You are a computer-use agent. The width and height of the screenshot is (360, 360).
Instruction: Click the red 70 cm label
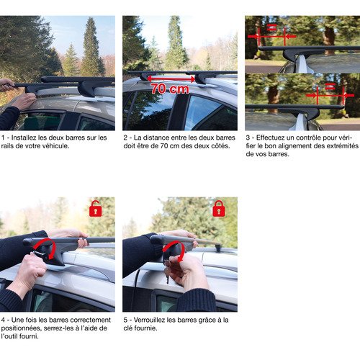tap(170, 89)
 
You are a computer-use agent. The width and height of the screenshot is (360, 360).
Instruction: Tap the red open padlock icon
tap(96, 208)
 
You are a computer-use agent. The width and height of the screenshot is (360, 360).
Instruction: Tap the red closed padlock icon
tap(219, 208)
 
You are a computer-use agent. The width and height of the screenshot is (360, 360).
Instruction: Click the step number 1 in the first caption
tap(3, 138)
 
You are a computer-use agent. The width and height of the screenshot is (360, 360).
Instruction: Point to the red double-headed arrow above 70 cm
tap(171, 78)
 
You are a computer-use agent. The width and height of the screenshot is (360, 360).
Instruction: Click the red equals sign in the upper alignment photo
tap(271, 28)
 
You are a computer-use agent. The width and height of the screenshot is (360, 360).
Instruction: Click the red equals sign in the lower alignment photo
tap(330, 86)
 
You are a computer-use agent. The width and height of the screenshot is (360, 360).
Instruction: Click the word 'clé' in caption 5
tap(127, 328)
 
